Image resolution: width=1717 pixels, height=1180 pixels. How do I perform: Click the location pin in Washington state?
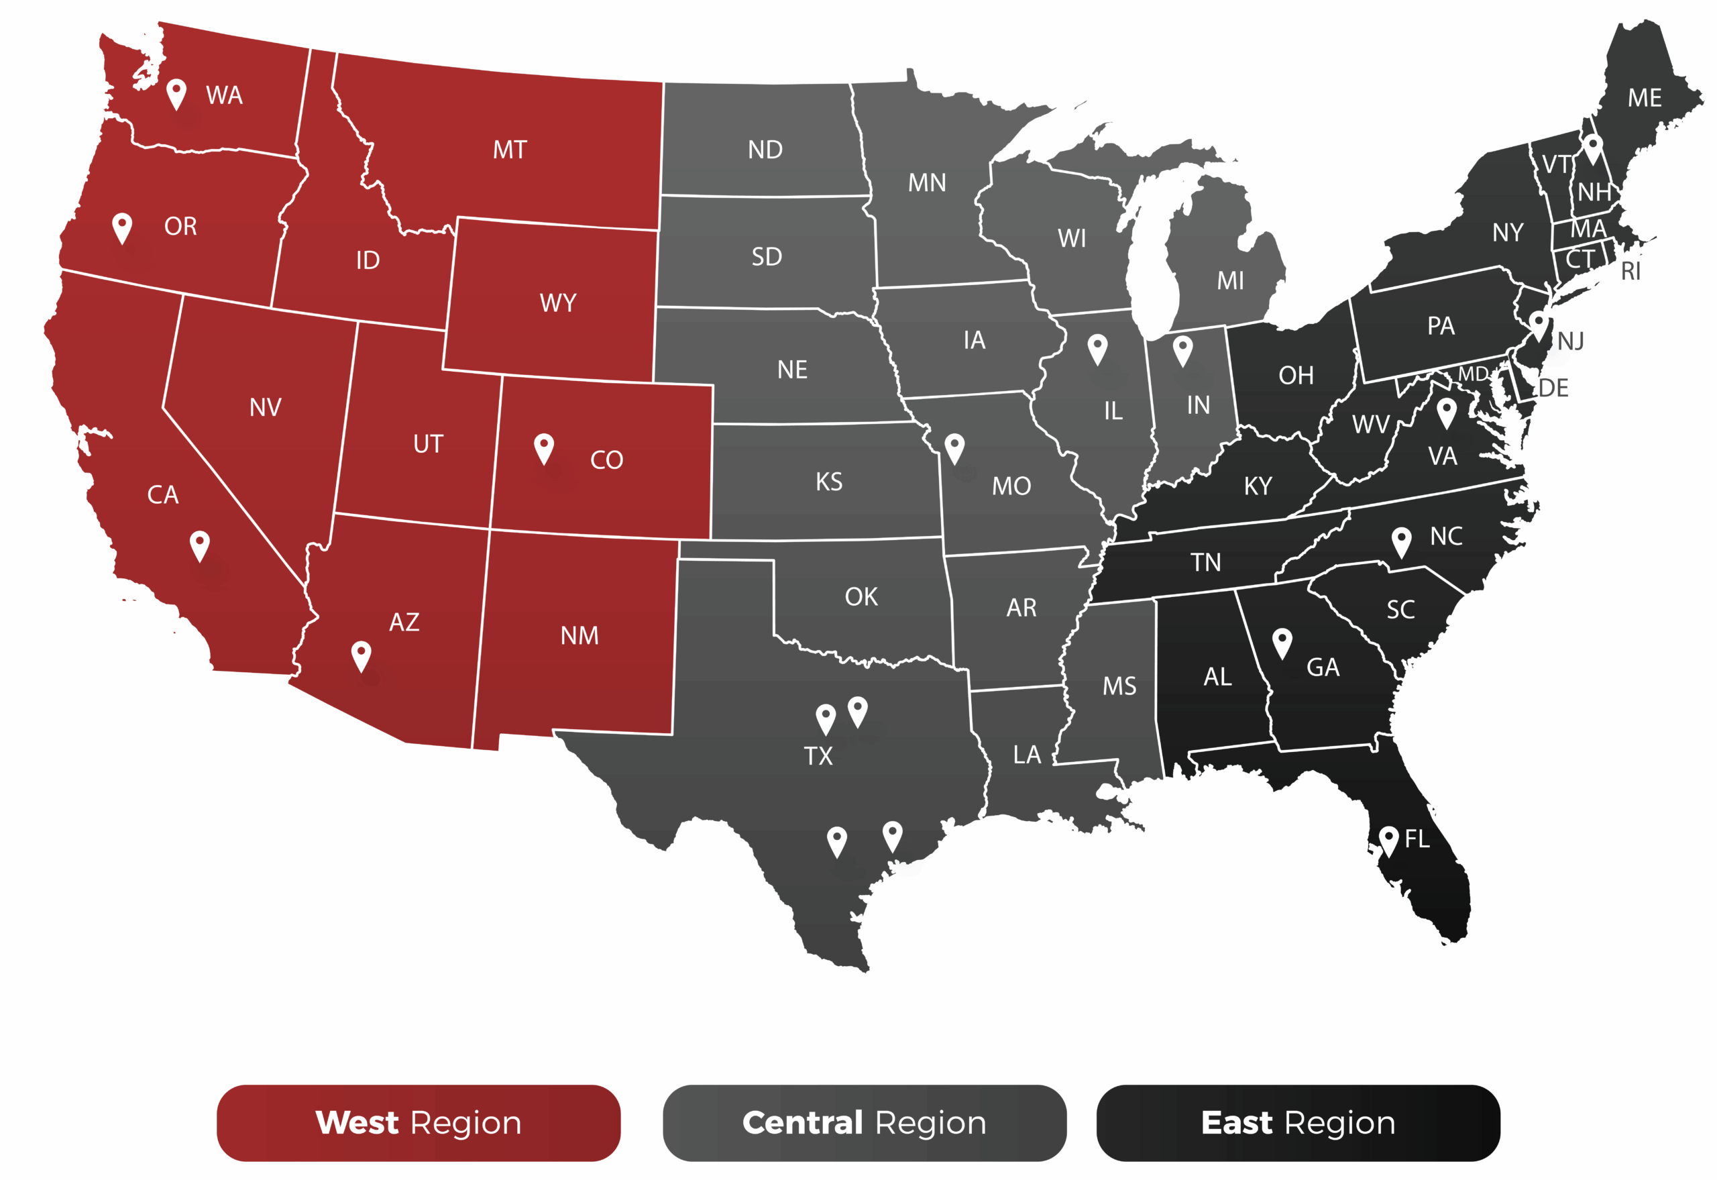[x=176, y=93]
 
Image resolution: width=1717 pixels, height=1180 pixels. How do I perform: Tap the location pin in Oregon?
[x=122, y=227]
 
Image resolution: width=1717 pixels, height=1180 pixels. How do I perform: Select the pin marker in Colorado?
[x=544, y=447]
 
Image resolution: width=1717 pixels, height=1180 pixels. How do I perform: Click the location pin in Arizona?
[x=361, y=654]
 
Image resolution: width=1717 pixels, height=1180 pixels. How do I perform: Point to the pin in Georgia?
[x=1282, y=642]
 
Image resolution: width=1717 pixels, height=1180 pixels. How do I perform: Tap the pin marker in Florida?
[x=1389, y=839]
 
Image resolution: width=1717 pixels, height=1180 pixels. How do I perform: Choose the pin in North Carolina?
[x=1401, y=541]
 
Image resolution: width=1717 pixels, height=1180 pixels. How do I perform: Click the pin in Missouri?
[x=955, y=447]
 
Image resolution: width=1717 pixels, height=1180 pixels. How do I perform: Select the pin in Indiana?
[x=1182, y=350]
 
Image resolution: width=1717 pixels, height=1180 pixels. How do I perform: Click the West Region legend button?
[x=419, y=1122]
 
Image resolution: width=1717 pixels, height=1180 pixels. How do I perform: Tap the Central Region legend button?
[x=864, y=1122]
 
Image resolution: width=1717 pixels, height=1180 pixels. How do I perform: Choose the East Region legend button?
[x=1298, y=1122]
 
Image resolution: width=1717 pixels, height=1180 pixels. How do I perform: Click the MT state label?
[x=510, y=150]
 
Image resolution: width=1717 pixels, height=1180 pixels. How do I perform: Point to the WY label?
[x=558, y=303]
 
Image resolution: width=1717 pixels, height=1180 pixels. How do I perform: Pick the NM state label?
[x=579, y=636]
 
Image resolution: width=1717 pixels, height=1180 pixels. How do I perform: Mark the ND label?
[x=765, y=150]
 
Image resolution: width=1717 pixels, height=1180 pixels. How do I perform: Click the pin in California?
[x=200, y=545]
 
